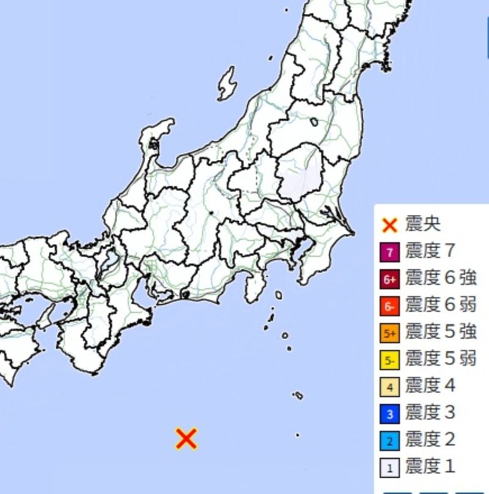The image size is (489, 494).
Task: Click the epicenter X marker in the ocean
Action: pyautogui.click(x=186, y=438)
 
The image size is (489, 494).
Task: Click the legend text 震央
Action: pyautogui.click(x=422, y=224)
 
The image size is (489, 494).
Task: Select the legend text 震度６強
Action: pyautogui.click(x=440, y=278)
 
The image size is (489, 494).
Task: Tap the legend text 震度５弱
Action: pyautogui.click(x=440, y=359)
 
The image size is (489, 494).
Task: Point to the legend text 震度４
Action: pyautogui.click(x=430, y=386)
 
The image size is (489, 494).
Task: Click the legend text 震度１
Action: pyautogui.click(x=430, y=467)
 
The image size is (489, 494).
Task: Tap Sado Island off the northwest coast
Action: pyautogui.click(x=227, y=84)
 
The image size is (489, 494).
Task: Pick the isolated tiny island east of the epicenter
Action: pyautogui.click(x=298, y=435)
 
